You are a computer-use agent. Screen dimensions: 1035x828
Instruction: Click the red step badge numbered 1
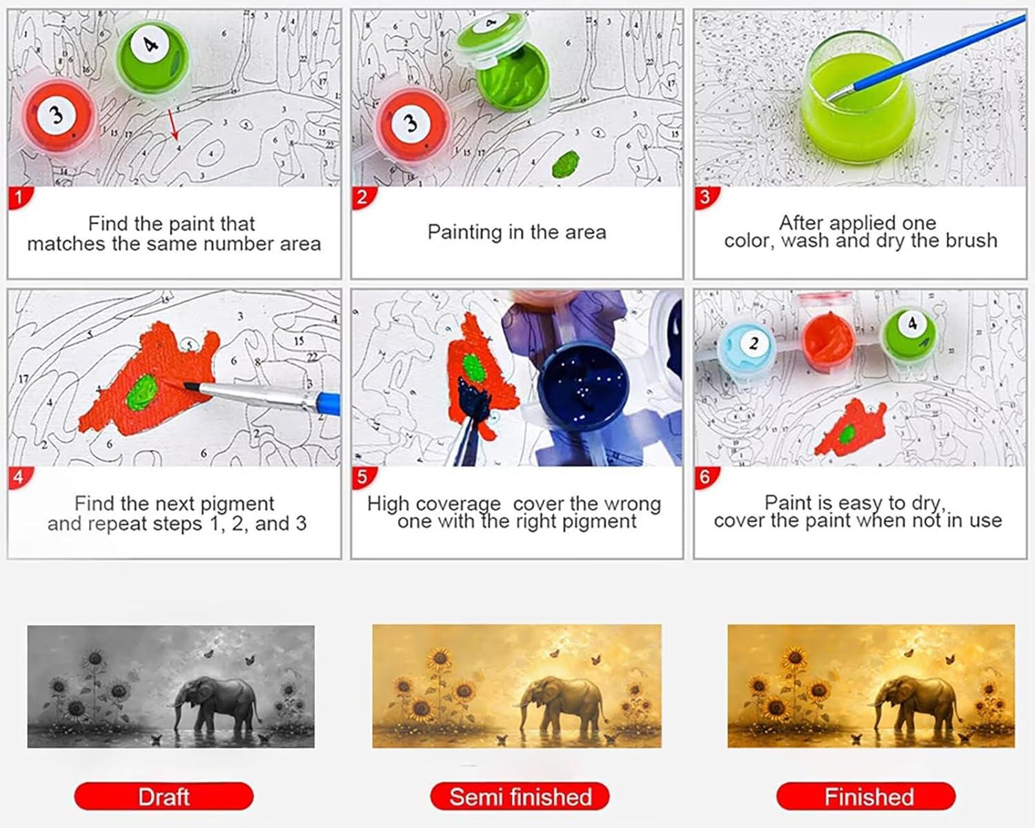[20, 197]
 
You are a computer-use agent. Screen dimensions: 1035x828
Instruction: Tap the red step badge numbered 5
[363, 477]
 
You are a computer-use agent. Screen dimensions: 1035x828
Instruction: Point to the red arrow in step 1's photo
[174, 124]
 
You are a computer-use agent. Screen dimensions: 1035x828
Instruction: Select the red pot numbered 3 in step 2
[412, 124]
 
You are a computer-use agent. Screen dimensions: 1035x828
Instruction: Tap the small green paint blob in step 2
[566, 164]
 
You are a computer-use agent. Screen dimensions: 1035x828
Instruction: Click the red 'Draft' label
[164, 796]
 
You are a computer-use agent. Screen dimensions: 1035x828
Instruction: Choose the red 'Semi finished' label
[520, 796]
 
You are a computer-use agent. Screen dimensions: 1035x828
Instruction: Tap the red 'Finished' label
[866, 796]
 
